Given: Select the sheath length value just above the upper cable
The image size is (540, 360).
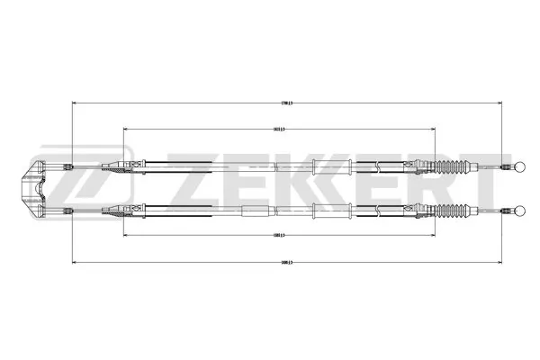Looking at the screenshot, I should click(279, 129).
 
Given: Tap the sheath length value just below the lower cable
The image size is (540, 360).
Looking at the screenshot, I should click(279, 235).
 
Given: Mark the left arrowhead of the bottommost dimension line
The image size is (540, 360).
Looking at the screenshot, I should click(73, 263).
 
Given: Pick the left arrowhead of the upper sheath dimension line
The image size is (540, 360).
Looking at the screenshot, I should click(124, 130).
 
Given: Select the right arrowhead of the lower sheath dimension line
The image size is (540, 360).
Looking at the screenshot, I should click(435, 236).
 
